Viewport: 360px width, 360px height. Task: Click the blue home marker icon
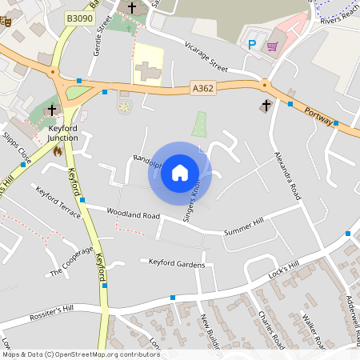click(x=180, y=173)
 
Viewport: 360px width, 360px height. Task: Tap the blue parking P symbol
click(x=253, y=45)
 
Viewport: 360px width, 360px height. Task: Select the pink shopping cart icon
click(x=273, y=45)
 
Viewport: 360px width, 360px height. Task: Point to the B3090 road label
click(x=79, y=18)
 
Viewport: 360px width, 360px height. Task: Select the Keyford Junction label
click(x=63, y=133)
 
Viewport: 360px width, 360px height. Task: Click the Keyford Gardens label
click(x=177, y=264)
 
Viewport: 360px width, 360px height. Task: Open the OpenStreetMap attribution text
click(x=81, y=354)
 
